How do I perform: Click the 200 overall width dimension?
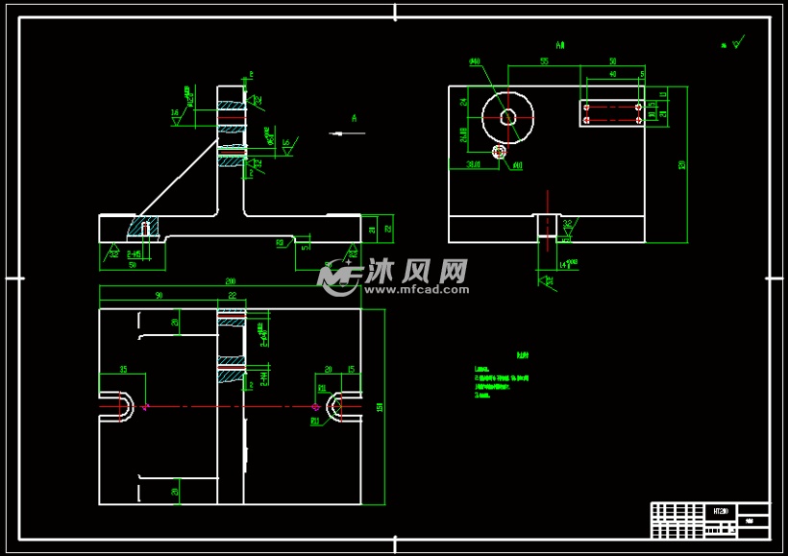[231, 281]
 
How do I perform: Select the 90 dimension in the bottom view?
[159, 294]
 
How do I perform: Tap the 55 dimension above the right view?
[544, 60]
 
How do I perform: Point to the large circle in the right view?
[507, 117]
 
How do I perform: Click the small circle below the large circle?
[499, 152]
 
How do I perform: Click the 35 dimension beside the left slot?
[123, 369]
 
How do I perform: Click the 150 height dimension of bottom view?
[382, 407]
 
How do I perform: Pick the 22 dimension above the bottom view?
[232, 296]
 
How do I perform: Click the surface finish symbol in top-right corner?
[735, 43]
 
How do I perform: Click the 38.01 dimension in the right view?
[473, 165]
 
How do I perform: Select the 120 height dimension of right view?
[683, 164]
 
